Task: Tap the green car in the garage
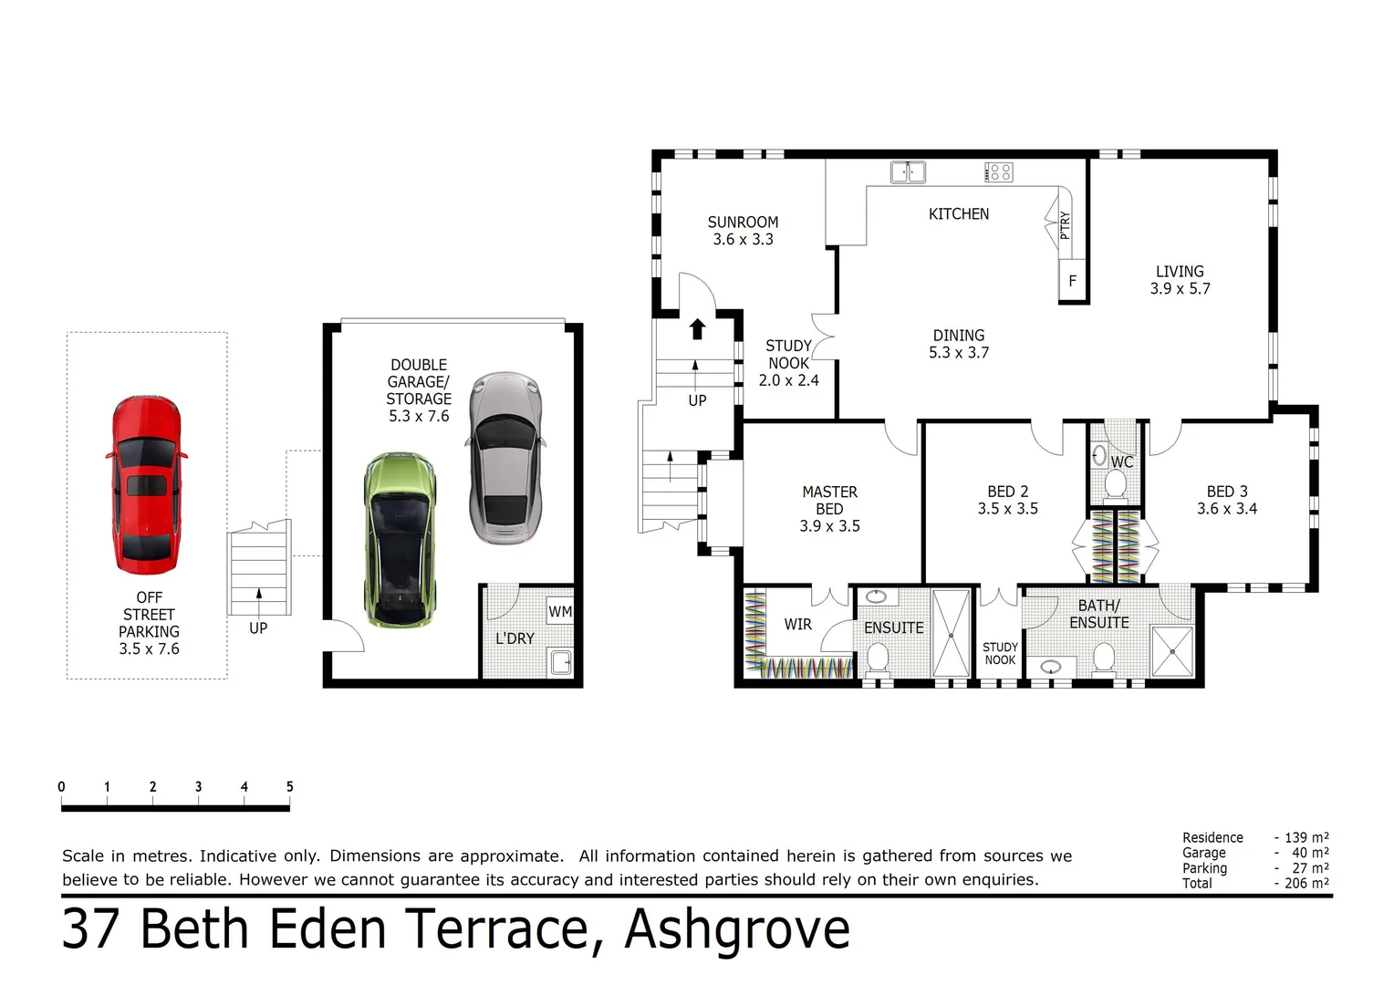click(x=400, y=540)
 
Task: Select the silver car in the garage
click(x=505, y=457)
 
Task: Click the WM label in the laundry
click(x=559, y=612)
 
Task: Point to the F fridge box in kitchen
click(x=1073, y=281)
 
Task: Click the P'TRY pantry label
click(x=1065, y=225)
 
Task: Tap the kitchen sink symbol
click(x=908, y=171)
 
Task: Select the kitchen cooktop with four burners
click(x=999, y=171)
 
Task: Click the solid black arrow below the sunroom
click(x=697, y=329)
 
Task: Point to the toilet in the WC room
click(x=1115, y=484)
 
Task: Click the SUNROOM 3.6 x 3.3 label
click(x=743, y=231)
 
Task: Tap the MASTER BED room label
click(x=829, y=500)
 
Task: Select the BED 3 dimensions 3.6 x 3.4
click(x=1226, y=509)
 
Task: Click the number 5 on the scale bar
click(x=289, y=787)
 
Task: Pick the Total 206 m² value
click(x=1306, y=883)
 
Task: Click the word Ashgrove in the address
click(x=737, y=930)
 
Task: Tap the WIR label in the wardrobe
click(x=797, y=625)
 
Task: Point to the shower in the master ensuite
click(x=951, y=634)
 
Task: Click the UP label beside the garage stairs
click(x=258, y=628)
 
